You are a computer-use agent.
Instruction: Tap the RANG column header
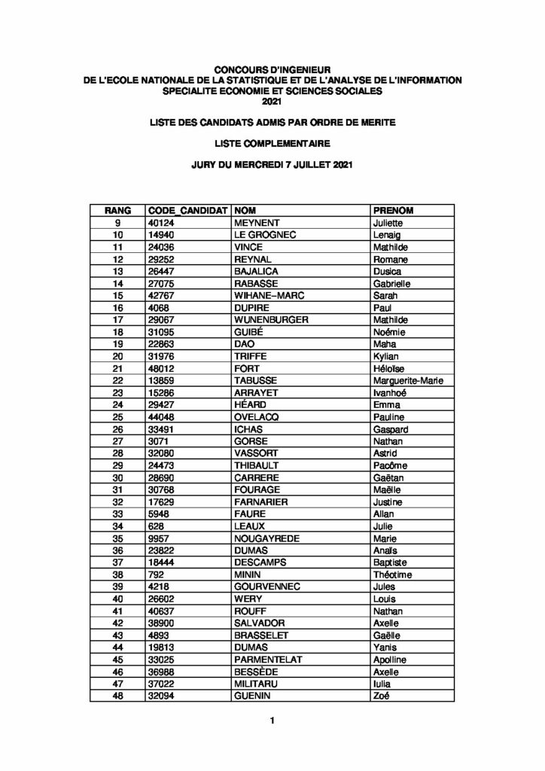[x=117, y=211]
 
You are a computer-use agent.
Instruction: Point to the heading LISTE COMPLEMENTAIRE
[x=272, y=142]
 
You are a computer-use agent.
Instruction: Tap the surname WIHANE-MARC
[x=266, y=295]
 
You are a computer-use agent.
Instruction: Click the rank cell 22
[x=117, y=380]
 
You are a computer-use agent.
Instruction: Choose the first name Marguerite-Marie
[x=408, y=380]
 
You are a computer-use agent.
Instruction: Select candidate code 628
[x=156, y=526]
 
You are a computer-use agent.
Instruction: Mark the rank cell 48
[x=117, y=695]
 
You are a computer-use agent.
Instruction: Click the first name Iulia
[x=382, y=683]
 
